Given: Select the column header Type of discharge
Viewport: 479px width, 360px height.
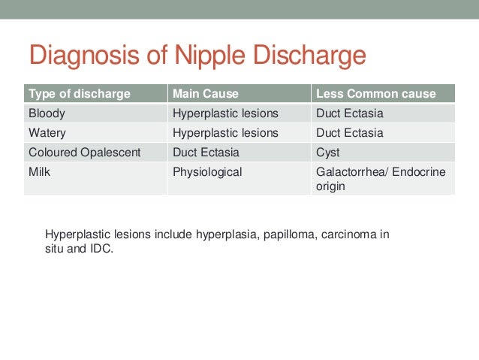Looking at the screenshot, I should tap(79, 94).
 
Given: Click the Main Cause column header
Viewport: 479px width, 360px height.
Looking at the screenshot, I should tap(205, 94).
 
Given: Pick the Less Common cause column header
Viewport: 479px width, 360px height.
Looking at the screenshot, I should tap(376, 94).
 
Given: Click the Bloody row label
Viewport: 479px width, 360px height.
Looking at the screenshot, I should tap(47, 113).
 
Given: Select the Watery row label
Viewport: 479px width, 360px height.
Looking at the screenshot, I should tap(47, 133).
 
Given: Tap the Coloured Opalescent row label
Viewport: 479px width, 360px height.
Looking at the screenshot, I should tap(84, 153).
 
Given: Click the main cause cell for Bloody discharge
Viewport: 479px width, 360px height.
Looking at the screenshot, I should tap(225, 113).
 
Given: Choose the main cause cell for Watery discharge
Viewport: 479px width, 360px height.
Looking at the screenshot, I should tap(225, 133).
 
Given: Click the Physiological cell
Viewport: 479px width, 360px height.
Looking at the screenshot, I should tap(207, 172).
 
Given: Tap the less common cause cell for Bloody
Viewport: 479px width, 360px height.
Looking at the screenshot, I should tap(350, 113).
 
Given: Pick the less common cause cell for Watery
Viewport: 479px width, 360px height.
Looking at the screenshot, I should tap(350, 133).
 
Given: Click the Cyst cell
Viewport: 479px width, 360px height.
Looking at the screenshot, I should tap(328, 153).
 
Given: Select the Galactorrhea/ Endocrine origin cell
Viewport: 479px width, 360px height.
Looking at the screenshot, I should tap(381, 179).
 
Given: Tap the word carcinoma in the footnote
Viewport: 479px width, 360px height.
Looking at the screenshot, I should tap(348, 234).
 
